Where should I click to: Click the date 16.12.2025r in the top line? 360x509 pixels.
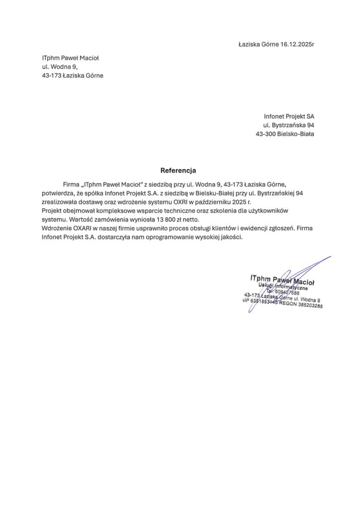click(x=295, y=45)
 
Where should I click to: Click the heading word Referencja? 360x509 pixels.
click(x=178, y=170)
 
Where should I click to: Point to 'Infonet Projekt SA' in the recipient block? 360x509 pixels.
click(x=289, y=116)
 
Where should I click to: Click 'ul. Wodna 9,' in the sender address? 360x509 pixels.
click(x=60, y=67)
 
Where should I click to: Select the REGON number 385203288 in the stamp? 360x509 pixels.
click(x=307, y=306)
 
